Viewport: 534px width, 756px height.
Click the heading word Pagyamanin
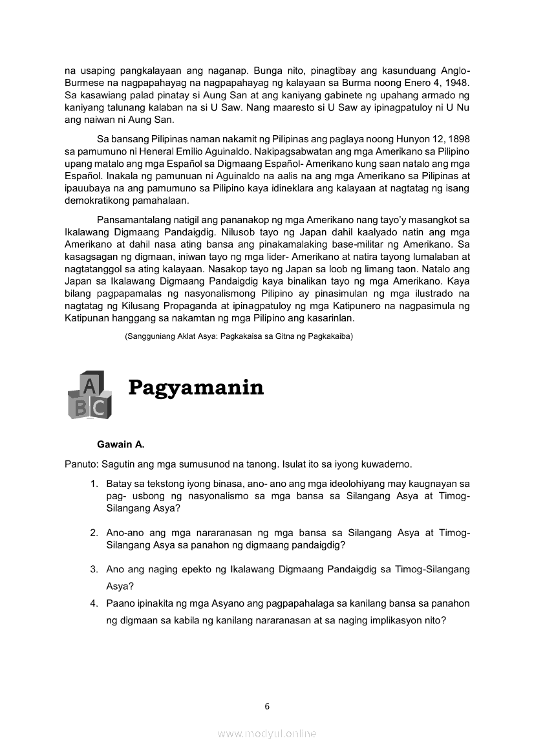click(196, 387)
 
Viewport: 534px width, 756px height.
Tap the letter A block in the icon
click(91, 386)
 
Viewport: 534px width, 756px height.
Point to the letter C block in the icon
click(99, 407)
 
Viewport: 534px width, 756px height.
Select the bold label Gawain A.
click(121, 445)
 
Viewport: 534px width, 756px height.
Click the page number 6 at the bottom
click(267, 706)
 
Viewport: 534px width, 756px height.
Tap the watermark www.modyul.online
click(267, 733)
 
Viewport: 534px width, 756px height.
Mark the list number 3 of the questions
click(94, 570)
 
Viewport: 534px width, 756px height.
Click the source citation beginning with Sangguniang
click(239, 337)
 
